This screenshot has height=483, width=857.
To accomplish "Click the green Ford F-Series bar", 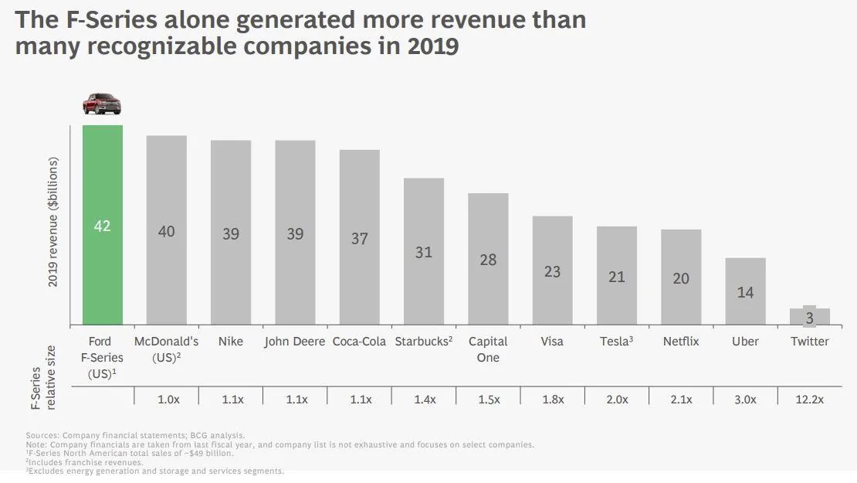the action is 102,225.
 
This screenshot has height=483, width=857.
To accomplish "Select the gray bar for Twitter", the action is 809,315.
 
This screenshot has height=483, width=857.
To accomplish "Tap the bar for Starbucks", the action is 424,252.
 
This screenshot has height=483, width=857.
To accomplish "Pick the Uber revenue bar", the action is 745,291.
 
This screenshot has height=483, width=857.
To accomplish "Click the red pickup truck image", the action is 102,104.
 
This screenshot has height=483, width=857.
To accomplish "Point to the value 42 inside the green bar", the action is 102,226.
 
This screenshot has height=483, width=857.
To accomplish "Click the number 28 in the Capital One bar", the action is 488,260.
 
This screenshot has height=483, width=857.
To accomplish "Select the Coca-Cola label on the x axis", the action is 359,342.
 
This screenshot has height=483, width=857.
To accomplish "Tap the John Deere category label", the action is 295,342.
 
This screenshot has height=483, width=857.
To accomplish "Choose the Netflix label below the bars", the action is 681,342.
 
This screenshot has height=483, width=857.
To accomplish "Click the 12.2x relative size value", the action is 809,400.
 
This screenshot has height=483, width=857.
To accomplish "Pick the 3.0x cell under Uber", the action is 745,400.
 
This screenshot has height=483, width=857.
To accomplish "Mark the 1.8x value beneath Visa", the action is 553,400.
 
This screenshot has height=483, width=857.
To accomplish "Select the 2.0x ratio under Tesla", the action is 617,400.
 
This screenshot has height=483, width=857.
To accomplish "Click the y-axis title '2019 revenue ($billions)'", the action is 53,222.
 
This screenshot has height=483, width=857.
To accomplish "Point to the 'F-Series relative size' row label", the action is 43,377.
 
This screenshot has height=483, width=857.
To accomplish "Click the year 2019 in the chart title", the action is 433,46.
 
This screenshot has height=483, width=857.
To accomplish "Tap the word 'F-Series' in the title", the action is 111,20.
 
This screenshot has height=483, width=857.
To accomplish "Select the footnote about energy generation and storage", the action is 154,471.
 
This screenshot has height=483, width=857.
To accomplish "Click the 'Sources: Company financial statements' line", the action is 135,435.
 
